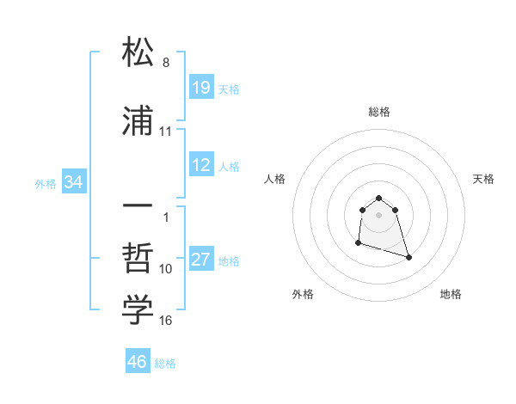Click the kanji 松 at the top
pyautogui.click(x=138, y=52)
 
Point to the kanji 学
pyautogui.click(x=138, y=310)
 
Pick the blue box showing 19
pyautogui.click(x=201, y=88)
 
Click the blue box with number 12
pyautogui.click(x=201, y=165)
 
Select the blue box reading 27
pyautogui.click(x=201, y=260)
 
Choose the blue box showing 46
pyautogui.click(x=138, y=362)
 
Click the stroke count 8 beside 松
pyautogui.click(x=166, y=63)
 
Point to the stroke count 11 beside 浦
pyautogui.click(x=166, y=132)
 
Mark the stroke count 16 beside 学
pyautogui.click(x=166, y=321)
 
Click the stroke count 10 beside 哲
pyautogui.click(x=166, y=269)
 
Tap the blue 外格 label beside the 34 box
pyautogui.click(x=46, y=184)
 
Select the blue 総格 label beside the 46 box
pyautogui.click(x=165, y=364)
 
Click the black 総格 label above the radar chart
pyautogui.click(x=378, y=112)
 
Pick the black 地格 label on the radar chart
pyautogui.click(x=451, y=294)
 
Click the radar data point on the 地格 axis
pyautogui.click(x=408, y=257)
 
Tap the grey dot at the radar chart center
pyautogui.click(x=378, y=214)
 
